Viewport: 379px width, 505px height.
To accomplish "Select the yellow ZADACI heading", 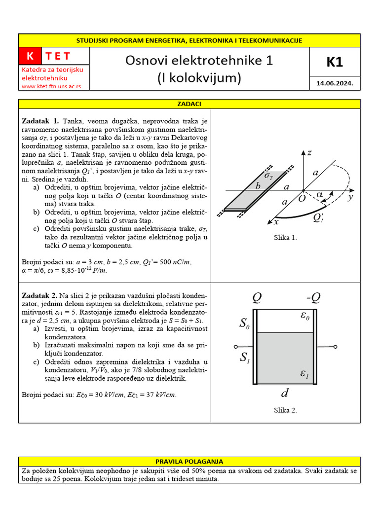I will tap(189, 104).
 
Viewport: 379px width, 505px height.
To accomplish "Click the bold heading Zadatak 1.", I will tap(40, 121).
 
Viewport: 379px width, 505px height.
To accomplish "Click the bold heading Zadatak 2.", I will tap(40, 295).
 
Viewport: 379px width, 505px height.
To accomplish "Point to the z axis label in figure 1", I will tap(309, 153).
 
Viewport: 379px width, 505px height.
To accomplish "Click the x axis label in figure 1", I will tap(276, 222).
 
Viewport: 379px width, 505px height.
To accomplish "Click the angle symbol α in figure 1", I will tap(320, 195).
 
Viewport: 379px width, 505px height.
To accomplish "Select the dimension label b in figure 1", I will tap(258, 186).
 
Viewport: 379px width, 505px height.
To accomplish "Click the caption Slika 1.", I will tap(286, 238).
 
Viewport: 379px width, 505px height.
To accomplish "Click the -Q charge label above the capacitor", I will tap(313, 297).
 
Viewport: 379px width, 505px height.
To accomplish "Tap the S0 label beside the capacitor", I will tap(245, 324).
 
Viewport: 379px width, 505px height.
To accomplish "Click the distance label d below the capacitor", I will tap(284, 393).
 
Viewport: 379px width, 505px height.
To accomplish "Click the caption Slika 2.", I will tap(286, 410).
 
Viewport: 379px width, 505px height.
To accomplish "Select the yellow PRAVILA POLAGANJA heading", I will tap(189, 462).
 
